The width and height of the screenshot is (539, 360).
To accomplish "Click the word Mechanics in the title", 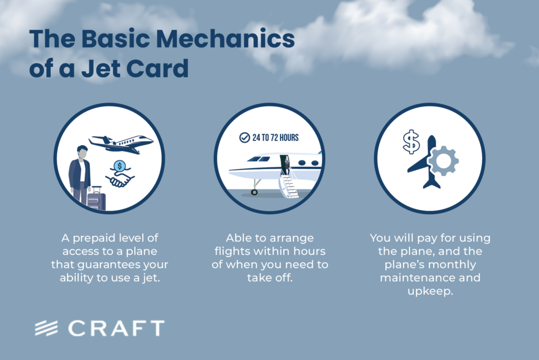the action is coord(225,38).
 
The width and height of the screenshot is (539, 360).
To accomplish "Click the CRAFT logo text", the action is coord(116,328).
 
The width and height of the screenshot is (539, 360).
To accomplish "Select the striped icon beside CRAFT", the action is coord(46,328).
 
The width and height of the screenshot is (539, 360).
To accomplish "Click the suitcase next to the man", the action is coord(96,198).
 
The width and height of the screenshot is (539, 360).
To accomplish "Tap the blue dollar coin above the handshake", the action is coord(119,166).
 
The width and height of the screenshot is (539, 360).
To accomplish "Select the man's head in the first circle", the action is coord(82,152).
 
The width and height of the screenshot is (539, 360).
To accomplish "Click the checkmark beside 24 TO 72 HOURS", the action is coord(244,137).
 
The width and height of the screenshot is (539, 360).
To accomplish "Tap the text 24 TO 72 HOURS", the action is coord(275,137).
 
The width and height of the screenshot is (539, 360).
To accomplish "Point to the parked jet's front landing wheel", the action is coord(254,192).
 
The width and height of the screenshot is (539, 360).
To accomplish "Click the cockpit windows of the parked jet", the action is coord(259,159).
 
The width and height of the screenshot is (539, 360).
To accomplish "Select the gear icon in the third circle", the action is coord(443,161).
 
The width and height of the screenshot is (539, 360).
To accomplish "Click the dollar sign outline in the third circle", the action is coord(411,142).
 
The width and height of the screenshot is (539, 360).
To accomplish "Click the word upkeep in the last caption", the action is coord(430,291).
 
